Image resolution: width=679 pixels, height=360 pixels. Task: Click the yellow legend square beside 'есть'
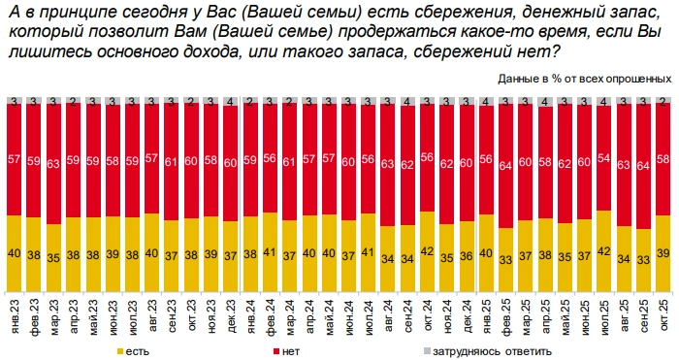[x=119, y=350]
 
